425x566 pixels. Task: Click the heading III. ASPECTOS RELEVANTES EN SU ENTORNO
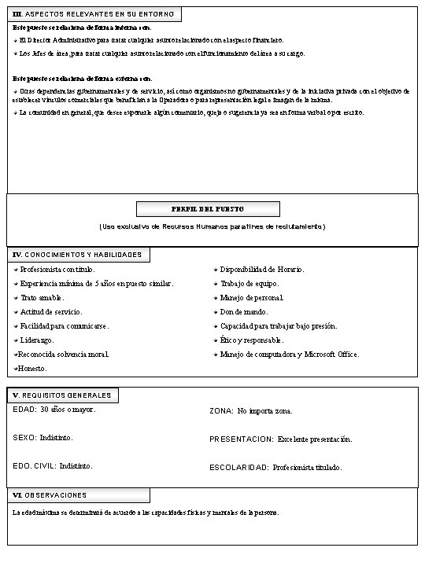coord(94,14)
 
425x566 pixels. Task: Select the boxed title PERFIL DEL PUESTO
coord(208,209)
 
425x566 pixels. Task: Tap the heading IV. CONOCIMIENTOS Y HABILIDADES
coord(78,255)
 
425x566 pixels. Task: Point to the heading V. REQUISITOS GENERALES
coord(62,395)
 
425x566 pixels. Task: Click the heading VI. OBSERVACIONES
coord(50,495)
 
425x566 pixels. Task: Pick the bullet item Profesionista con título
coord(56,270)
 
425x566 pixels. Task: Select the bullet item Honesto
coord(32,368)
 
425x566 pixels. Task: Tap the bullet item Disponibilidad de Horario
coord(261,270)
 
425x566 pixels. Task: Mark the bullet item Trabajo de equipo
coord(249,284)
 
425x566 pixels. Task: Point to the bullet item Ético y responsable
coord(251,340)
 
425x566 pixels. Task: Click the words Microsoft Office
coord(331,355)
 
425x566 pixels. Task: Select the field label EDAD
coord(24,410)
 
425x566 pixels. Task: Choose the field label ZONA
coord(221,411)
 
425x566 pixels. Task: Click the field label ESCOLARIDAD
coord(239,468)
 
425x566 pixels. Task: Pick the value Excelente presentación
coord(315,439)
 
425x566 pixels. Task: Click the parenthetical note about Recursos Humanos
coord(212,226)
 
